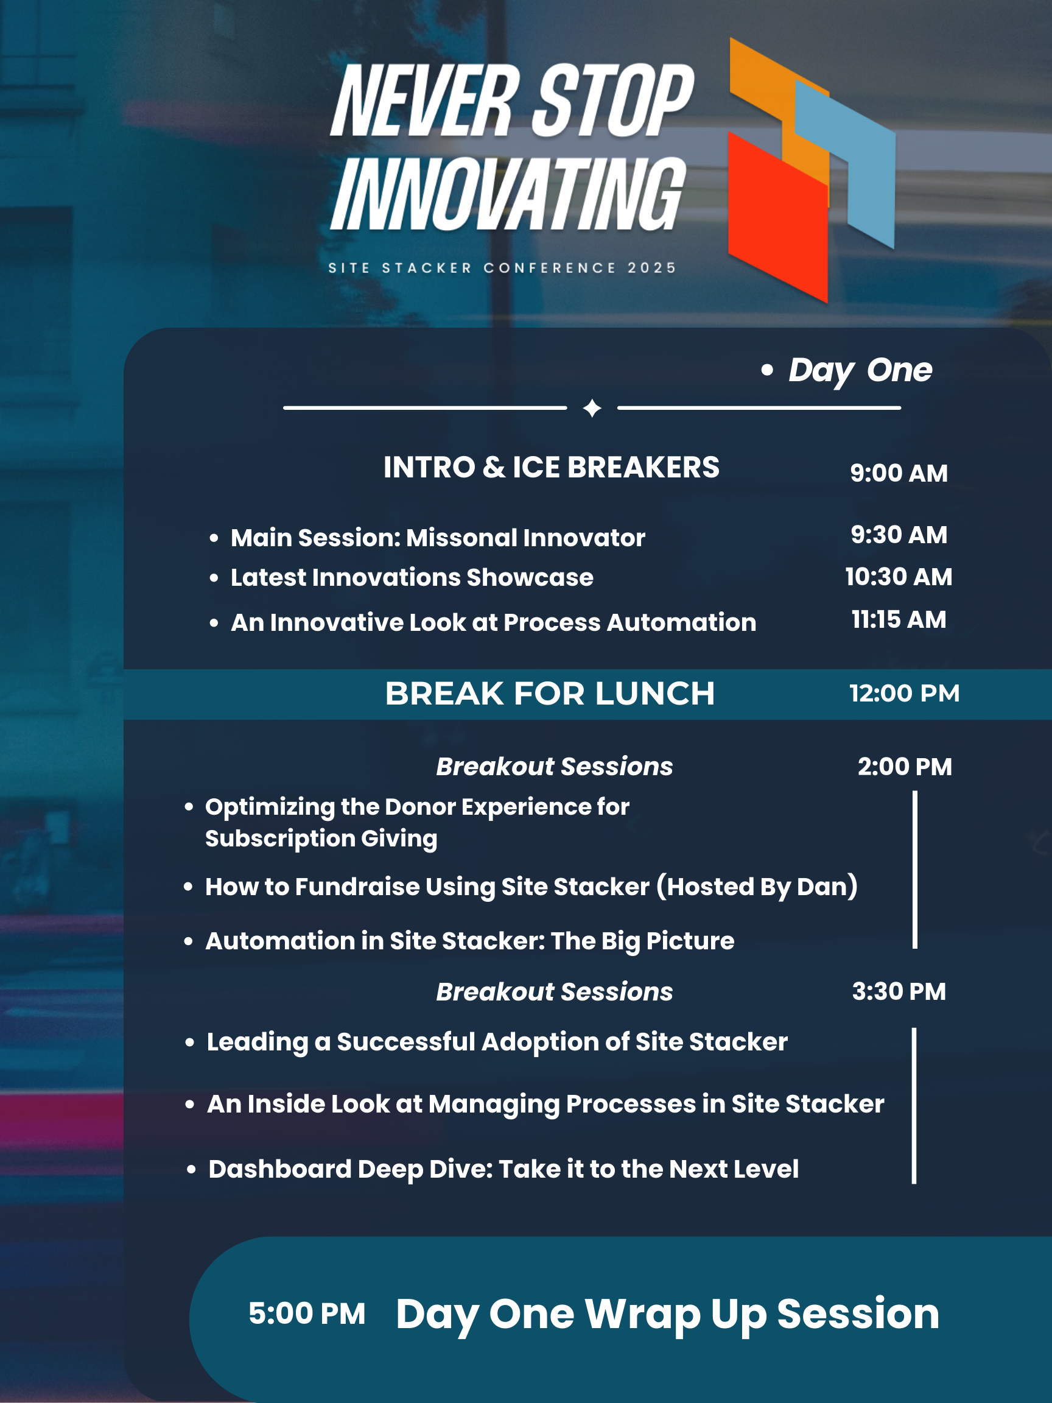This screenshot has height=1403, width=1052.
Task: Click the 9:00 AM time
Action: coord(899,473)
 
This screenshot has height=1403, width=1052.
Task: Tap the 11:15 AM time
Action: coord(899,620)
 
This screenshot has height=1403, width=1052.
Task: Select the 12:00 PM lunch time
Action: coord(904,693)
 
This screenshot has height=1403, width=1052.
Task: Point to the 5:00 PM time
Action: coord(307,1313)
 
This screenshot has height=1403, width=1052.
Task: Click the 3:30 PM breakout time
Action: coord(899,991)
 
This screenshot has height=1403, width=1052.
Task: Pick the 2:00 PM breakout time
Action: coord(905,767)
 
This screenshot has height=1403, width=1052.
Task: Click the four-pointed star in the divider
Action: coord(592,408)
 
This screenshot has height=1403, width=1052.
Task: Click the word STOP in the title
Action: coord(612,100)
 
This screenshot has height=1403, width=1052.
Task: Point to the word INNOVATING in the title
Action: coord(507,194)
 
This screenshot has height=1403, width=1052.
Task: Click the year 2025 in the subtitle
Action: coord(652,269)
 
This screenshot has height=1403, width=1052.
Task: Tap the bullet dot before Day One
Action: coord(767,370)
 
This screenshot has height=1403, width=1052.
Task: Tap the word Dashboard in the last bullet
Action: coord(279,1169)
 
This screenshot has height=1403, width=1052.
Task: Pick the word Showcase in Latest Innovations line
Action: coord(530,578)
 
